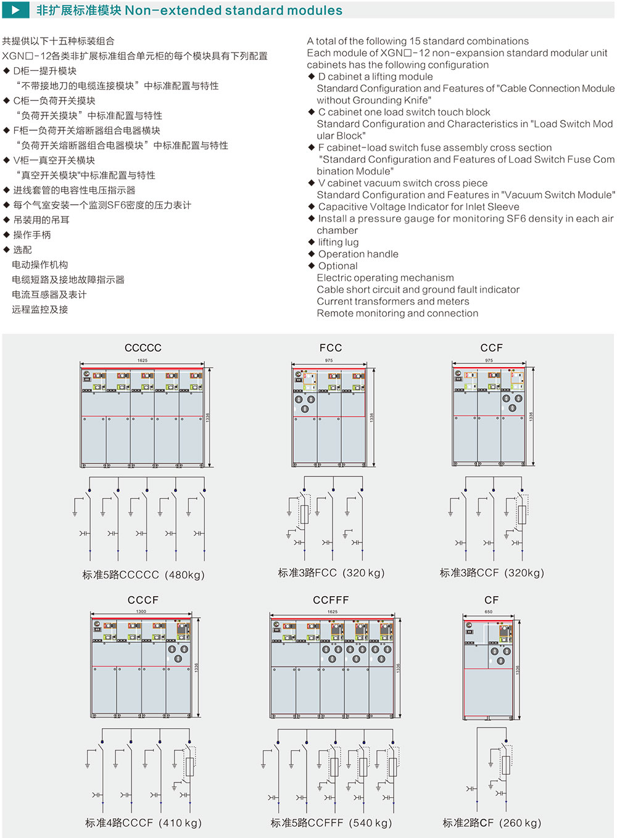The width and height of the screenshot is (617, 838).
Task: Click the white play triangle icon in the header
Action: pos(16,10)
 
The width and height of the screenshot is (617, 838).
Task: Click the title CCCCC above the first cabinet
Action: pos(143,348)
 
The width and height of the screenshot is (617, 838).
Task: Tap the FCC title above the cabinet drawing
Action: pos(331,348)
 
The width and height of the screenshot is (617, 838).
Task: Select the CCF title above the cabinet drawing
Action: pos(492,348)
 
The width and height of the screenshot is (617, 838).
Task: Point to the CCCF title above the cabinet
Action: pos(143,600)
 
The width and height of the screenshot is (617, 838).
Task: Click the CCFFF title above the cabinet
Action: pos(331,600)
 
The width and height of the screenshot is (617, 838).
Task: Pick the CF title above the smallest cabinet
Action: pos(492,600)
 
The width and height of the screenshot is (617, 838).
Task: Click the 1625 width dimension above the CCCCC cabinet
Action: pos(143,360)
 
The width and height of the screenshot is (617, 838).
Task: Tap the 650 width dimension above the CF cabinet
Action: pos(489,612)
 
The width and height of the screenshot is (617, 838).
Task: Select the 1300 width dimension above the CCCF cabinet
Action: pos(141,612)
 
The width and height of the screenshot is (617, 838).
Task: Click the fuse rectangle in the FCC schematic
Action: pos(304,515)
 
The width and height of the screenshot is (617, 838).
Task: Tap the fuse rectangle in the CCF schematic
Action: pos(522,515)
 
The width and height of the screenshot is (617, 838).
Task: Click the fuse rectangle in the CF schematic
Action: pos(506,765)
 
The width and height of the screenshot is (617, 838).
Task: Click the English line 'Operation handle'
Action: pos(358,254)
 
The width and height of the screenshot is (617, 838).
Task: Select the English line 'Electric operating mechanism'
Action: pos(385,278)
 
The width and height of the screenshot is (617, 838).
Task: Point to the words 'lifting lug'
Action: pos(338,243)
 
